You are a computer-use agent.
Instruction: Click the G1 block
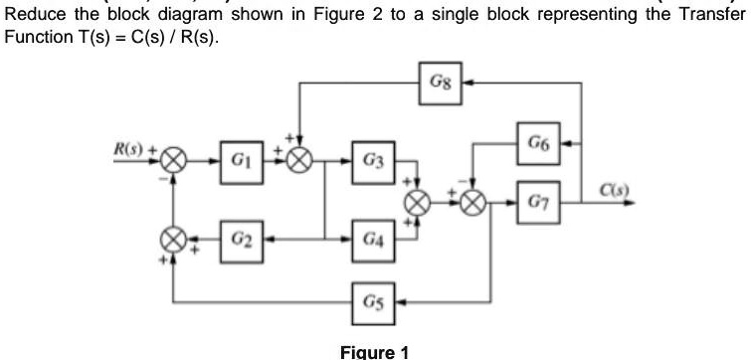click(x=239, y=160)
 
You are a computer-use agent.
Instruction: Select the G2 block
click(x=239, y=240)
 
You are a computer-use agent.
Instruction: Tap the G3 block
click(x=372, y=160)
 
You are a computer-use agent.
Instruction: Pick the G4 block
click(x=372, y=240)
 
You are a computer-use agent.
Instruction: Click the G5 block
click(x=372, y=301)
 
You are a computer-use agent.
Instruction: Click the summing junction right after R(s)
click(x=175, y=161)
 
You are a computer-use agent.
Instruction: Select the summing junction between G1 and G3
click(x=300, y=161)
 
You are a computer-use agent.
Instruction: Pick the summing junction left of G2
click(x=175, y=240)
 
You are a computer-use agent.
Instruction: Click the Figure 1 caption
click(x=374, y=350)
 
